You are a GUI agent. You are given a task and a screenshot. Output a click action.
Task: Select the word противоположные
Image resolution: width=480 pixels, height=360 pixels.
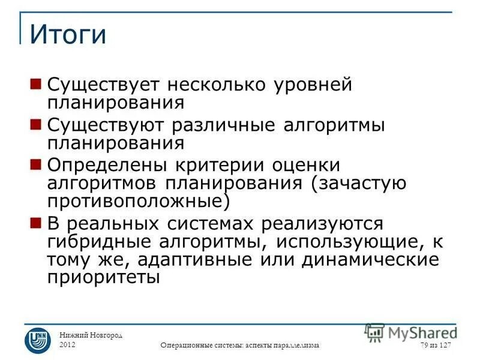click(138, 200)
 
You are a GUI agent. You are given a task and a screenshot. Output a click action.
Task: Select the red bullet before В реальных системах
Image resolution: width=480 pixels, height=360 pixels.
click(35, 223)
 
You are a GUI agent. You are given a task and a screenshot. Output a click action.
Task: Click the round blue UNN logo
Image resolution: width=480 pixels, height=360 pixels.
click(37, 340)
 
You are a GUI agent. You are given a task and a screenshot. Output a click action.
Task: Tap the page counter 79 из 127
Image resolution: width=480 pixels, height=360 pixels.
click(436, 345)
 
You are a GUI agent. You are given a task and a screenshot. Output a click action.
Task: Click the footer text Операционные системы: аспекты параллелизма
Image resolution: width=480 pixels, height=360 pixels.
click(240, 346)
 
